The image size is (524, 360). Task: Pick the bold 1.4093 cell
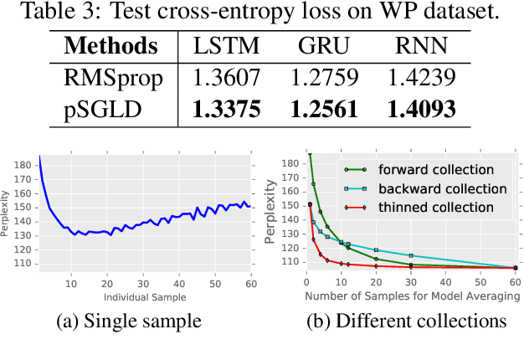pyautogui.click(x=420, y=109)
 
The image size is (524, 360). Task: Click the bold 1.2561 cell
pyautogui.click(x=325, y=109)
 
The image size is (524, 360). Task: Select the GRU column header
pyautogui.click(x=325, y=47)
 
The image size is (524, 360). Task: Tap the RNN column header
pyautogui.click(x=420, y=47)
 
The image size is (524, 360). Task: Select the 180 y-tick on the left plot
pyautogui.click(x=23, y=165)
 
